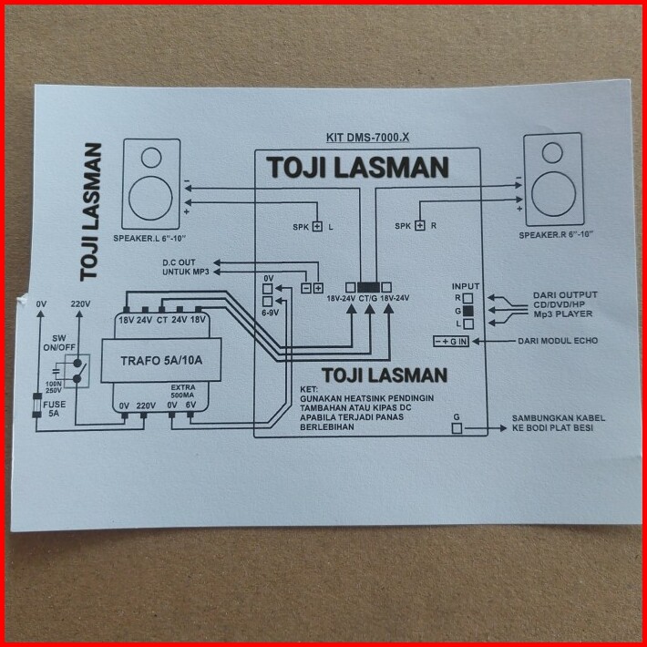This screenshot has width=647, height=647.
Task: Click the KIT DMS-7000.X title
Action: [367, 138]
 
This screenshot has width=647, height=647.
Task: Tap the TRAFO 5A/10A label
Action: [161, 361]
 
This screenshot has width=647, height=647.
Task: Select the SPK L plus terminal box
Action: [317, 227]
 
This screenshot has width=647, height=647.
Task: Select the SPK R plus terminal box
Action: [420, 226]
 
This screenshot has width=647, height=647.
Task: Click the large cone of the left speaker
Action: [150, 198]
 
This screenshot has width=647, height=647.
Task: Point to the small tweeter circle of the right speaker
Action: [552, 153]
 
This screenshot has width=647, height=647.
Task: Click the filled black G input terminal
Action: [467, 311]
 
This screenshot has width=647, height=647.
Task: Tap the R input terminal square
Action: [467, 298]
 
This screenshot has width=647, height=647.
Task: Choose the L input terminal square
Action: [467, 323]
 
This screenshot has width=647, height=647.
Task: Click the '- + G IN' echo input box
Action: [450, 342]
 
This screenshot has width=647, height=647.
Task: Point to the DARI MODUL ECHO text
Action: [558, 341]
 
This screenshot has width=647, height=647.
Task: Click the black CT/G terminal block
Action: [368, 288]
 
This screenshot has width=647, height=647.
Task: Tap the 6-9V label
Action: [270, 313]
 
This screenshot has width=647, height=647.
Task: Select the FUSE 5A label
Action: [54, 409]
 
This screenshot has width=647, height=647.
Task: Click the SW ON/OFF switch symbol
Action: [77, 371]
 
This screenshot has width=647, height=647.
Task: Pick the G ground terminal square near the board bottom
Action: [457, 428]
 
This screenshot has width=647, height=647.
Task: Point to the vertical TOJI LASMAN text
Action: [91, 212]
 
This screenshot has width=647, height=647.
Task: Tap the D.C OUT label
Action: [179, 262]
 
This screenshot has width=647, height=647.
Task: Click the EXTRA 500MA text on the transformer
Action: [183, 391]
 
